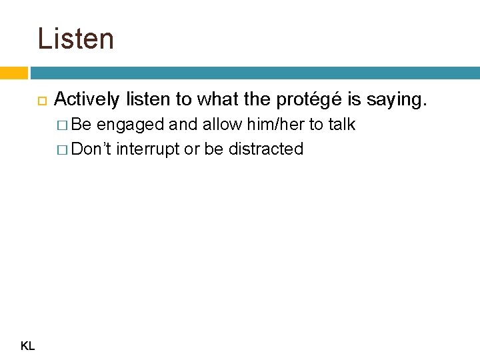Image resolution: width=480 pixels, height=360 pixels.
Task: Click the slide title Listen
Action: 75,38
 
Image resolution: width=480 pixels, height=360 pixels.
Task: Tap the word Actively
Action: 86,100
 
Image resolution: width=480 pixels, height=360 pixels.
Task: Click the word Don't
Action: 93,149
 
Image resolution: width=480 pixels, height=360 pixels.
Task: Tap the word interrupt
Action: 148,149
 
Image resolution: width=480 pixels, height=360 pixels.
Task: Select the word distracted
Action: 266,149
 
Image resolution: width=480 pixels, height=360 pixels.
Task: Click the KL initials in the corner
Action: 28,345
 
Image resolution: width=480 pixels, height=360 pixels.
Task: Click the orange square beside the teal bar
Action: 13,73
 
